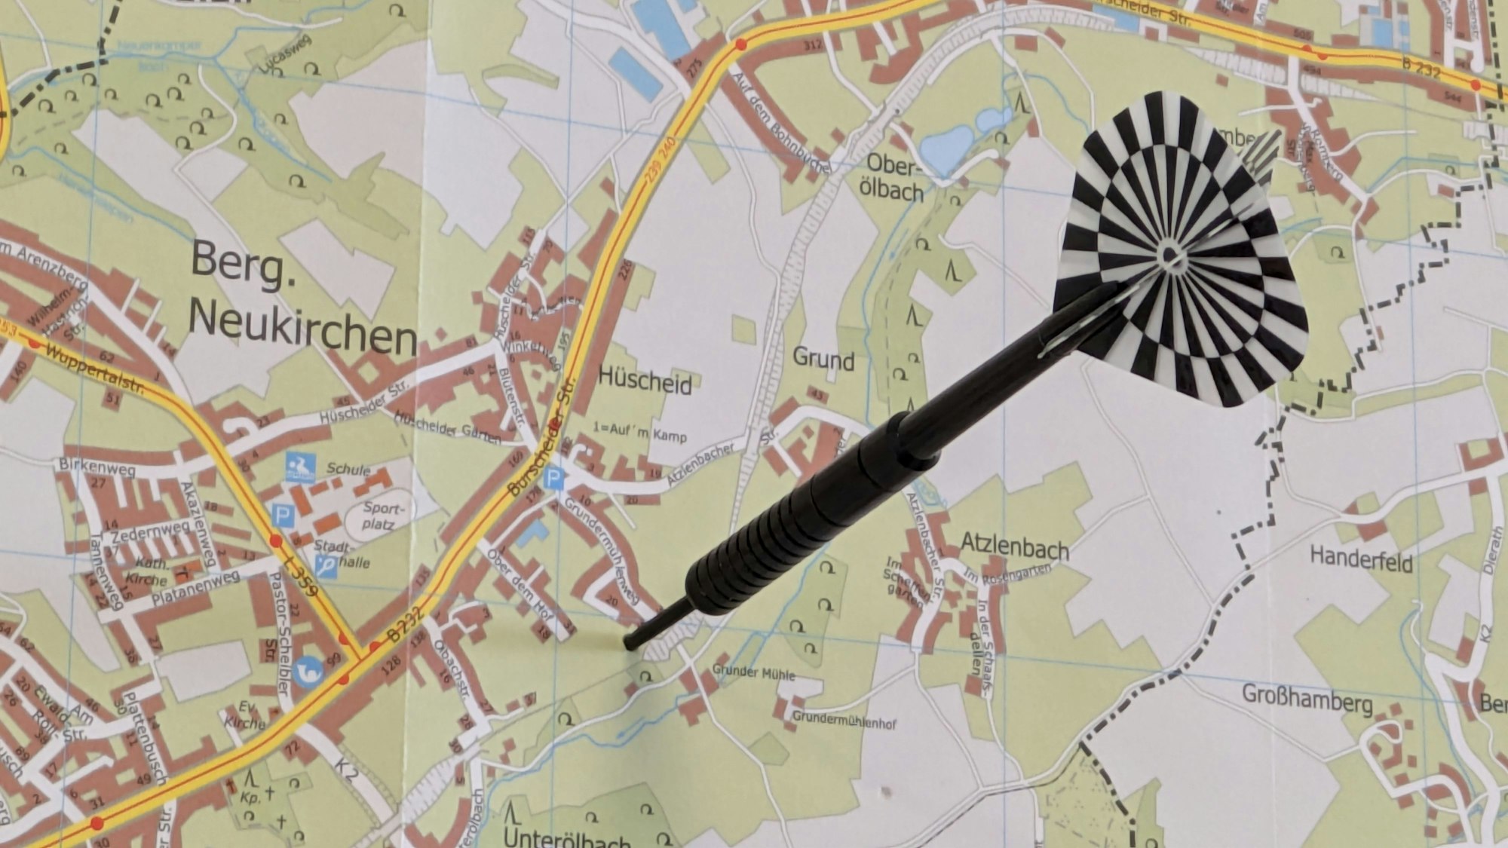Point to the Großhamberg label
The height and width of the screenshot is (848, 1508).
click(1307, 699)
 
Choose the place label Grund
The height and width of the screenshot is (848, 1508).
click(823, 360)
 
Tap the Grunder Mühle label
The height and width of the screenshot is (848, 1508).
click(753, 671)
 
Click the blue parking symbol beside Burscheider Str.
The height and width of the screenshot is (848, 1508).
click(554, 477)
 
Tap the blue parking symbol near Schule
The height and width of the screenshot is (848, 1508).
click(282, 516)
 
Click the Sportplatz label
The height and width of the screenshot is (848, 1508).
click(382, 516)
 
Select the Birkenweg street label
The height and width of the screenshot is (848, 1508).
click(98, 467)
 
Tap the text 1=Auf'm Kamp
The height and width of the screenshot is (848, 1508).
click(639, 433)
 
